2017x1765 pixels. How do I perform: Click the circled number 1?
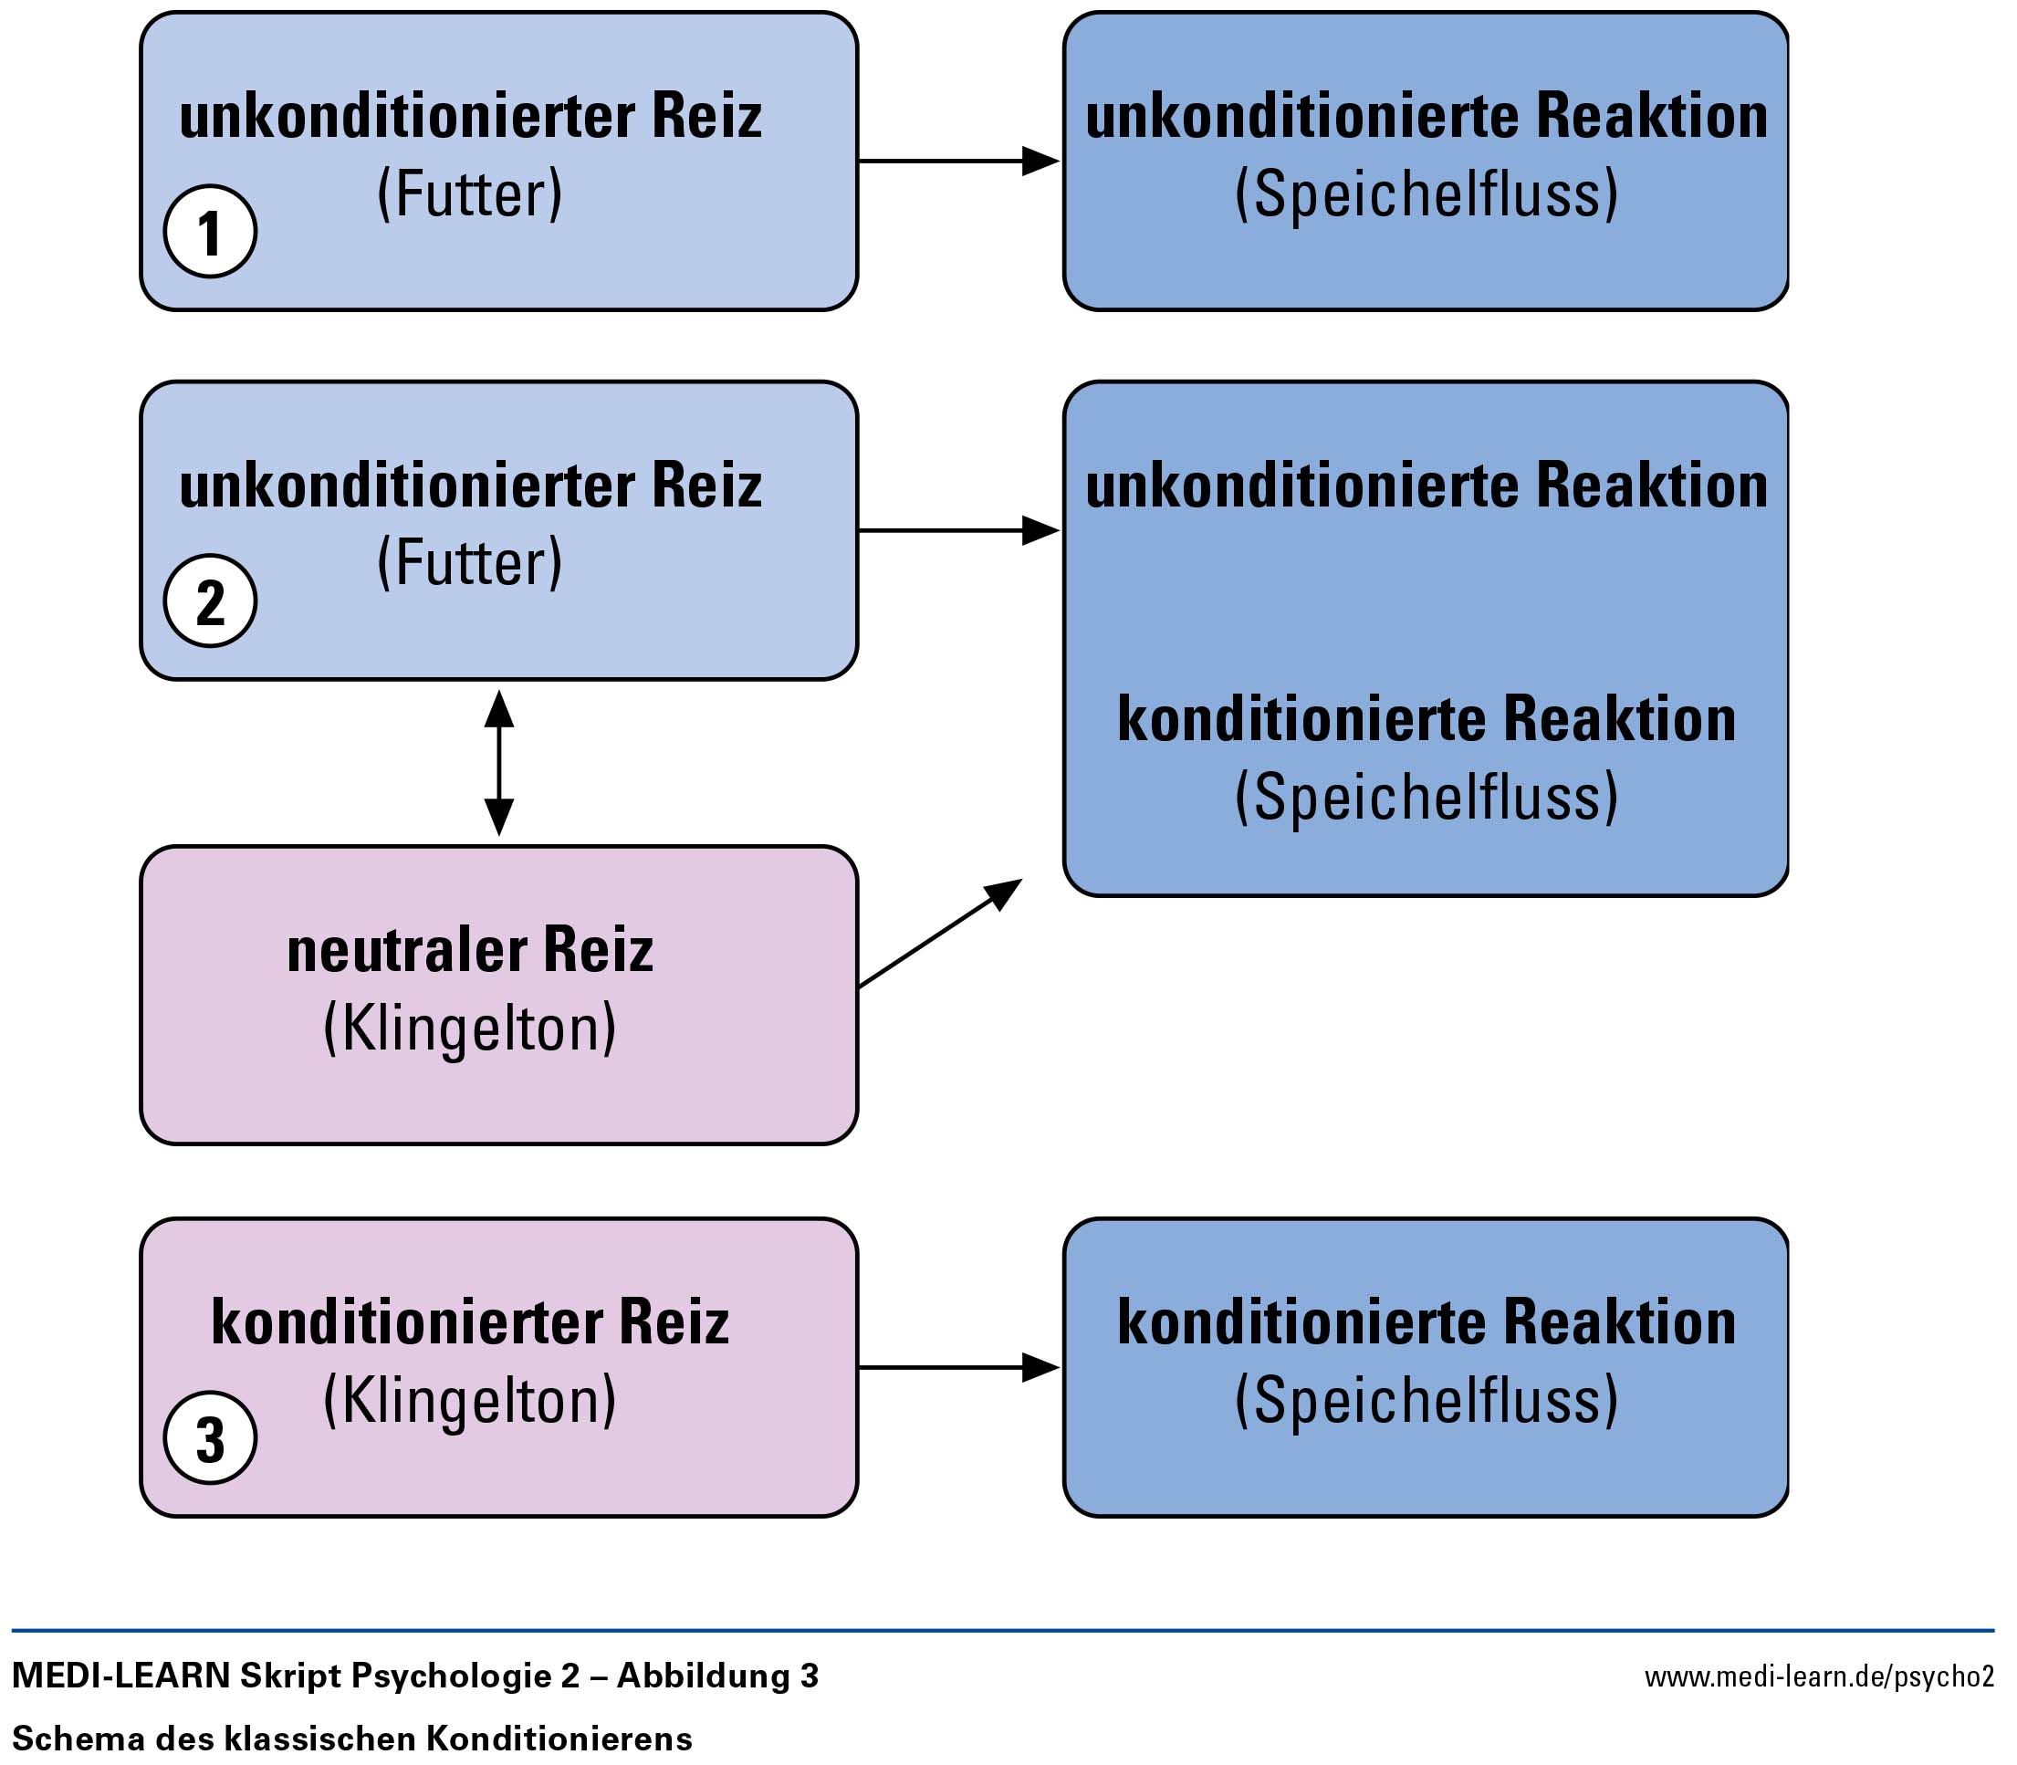coord(210,232)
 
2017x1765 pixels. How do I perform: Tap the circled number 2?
coord(210,601)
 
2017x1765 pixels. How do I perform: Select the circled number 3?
coord(210,1437)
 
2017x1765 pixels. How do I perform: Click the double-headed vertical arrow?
coord(499,762)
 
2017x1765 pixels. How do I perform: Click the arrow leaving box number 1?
coord(959,161)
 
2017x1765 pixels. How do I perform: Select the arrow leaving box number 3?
coord(959,1367)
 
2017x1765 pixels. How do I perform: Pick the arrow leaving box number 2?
coord(959,530)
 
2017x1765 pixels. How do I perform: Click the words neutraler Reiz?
coord(470,950)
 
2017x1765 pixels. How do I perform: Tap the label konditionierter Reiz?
coord(470,1321)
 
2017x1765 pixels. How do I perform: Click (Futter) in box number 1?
coord(470,194)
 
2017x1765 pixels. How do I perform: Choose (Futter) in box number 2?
coord(470,563)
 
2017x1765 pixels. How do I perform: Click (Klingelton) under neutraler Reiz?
coord(470,1029)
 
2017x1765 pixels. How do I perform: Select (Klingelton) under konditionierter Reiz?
coord(470,1401)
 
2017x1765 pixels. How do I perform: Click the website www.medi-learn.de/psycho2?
coord(1819,1676)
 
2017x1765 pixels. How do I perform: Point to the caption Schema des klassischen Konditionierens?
coord(351,1738)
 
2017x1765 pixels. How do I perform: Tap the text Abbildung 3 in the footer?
coord(718,1676)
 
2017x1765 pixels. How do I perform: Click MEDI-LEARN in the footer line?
coord(121,1676)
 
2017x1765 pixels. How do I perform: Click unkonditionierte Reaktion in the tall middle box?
coord(1427,486)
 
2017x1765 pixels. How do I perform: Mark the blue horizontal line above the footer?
coord(1003,1631)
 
